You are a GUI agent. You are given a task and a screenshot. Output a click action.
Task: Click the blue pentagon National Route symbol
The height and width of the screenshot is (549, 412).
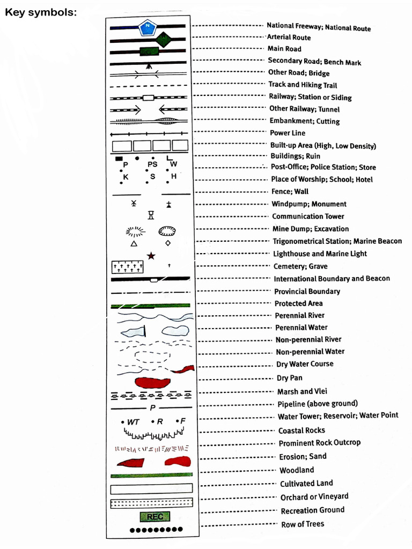coord(147,27)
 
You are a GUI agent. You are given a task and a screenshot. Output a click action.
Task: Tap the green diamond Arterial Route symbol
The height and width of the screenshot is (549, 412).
coord(164,39)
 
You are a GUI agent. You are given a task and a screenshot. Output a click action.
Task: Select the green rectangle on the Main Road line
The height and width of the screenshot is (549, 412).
coord(150,52)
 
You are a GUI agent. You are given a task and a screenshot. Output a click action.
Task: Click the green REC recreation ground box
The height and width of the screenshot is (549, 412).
coord(154,517)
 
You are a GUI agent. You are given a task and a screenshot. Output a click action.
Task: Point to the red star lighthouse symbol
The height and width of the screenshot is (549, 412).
coord(151,256)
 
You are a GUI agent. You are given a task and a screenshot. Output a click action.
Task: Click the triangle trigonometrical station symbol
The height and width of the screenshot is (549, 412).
coord(134,243)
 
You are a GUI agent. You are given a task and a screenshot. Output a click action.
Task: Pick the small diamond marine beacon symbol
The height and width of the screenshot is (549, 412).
coord(168,243)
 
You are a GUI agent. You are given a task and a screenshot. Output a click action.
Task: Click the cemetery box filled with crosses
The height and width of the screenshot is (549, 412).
coord(128,266)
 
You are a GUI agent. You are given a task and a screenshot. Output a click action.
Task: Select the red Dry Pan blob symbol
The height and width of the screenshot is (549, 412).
coord(152,382)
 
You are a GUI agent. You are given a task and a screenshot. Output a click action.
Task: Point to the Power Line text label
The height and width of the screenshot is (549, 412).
coord(288,133)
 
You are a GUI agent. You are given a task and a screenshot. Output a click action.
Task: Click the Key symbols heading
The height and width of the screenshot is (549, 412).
coord(41,12)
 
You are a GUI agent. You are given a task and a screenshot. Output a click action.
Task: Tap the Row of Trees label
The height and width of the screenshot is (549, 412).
coord(303,524)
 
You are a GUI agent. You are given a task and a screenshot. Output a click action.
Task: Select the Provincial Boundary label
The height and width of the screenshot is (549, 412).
coord(307,292)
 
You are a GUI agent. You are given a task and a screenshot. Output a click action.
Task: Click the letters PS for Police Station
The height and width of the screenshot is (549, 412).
coord(153,165)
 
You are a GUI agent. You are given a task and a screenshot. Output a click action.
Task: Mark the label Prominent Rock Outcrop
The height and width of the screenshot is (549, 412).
coord(320,443)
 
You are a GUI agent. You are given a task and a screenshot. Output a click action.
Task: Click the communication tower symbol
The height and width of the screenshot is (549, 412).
coord(151,216)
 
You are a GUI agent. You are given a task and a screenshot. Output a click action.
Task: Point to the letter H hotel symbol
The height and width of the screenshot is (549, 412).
coord(173,176)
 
